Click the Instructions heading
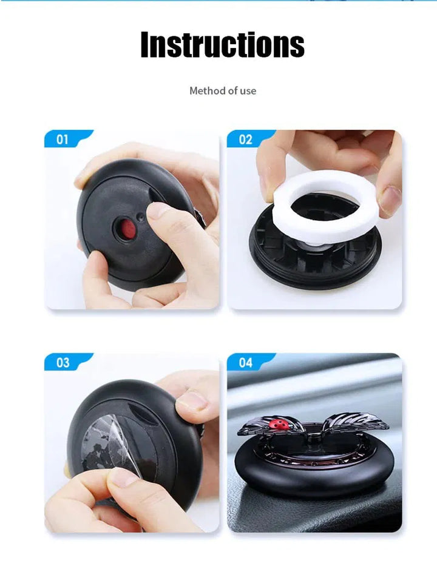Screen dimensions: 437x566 [x=222, y=44]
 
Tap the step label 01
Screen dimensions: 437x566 [x=62, y=140]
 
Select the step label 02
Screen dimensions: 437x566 [x=245, y=140]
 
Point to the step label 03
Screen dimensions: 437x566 [x=63, y=362]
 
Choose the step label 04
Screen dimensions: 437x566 [x=245, y=362]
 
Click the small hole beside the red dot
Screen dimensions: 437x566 [x=141, y=218]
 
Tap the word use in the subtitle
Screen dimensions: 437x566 [x=248, y=90]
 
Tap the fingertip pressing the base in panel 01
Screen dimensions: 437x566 [x=158, y=211]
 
